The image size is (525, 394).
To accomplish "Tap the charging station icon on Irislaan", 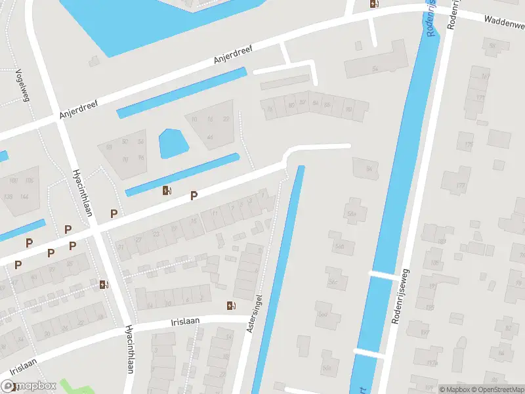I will [x=230, y=305].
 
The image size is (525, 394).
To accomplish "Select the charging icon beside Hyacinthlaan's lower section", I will [x=104, y=284].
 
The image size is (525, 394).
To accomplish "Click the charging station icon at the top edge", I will [x=373, y=3].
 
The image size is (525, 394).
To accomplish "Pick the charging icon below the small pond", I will [x=167, y=191].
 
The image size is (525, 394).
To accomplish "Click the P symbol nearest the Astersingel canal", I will [x=194, y=195].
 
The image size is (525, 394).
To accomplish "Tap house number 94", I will [x=369, y=169].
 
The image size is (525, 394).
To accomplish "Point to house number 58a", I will [x=352, y=214].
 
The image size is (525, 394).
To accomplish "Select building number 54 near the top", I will [x=375, y=68].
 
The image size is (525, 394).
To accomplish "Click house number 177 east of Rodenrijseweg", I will [x=461, y=186].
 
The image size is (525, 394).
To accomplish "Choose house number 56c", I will [x=333, y=282].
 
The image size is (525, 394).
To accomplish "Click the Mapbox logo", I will [x=29, y=386].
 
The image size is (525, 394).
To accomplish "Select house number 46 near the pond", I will [x=210, y=137].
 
